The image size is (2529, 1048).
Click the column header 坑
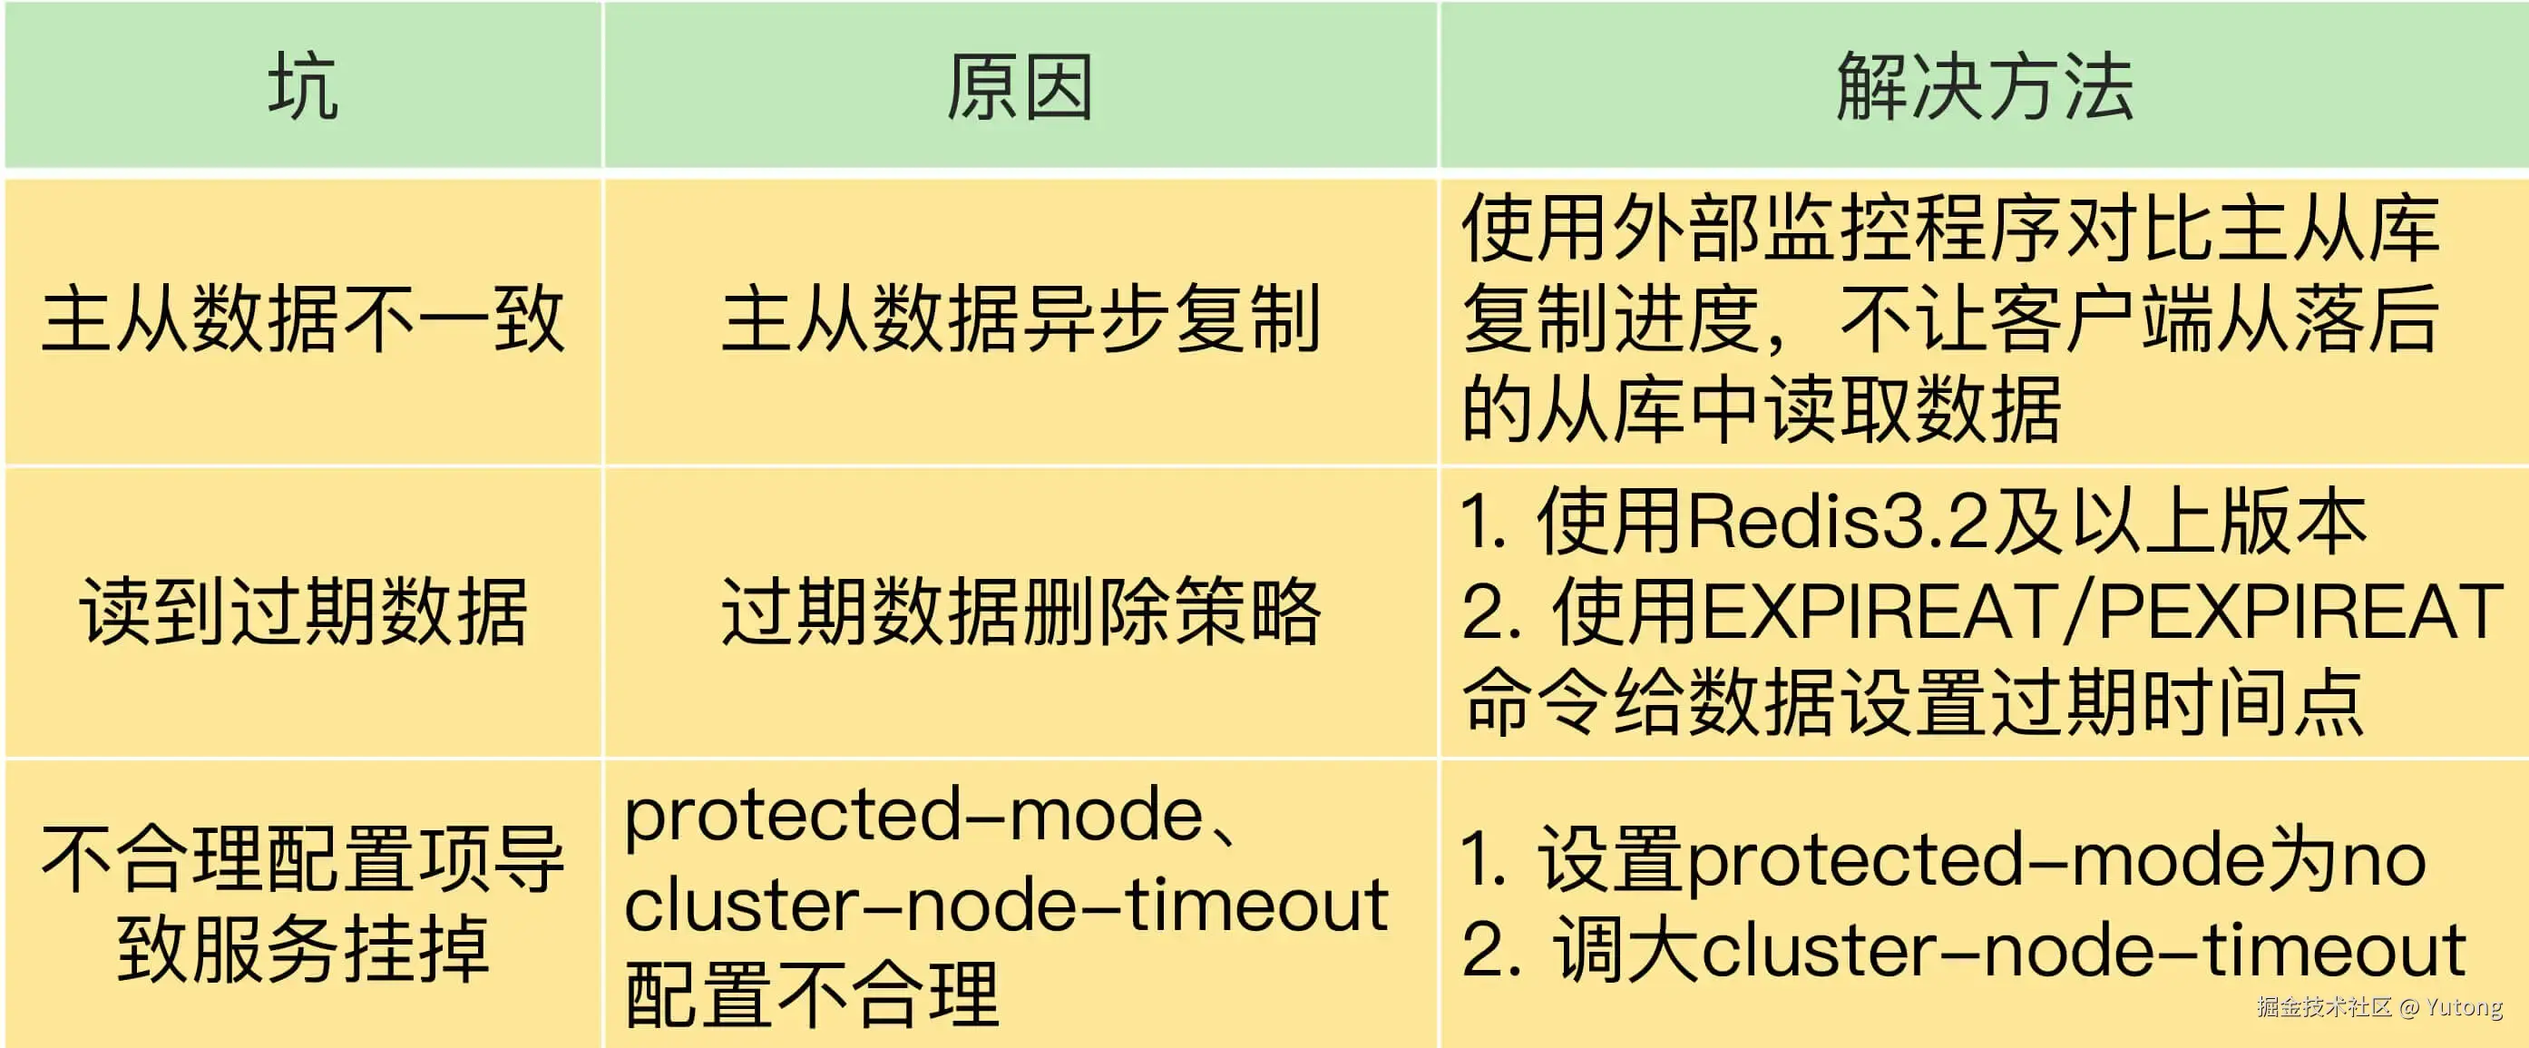point(302,86)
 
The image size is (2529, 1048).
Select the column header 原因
point(1020,86)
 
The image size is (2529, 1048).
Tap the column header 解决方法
point(1984,86)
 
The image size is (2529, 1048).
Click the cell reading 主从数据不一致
point(302,319)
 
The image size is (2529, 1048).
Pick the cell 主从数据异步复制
point(1020,319)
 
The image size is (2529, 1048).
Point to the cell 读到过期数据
point(302,611)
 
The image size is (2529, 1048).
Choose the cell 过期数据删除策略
point(1020,611)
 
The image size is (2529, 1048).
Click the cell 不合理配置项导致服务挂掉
point(302,903)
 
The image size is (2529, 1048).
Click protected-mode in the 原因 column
point(913,814)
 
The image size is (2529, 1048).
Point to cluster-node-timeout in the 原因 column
point(1006,905)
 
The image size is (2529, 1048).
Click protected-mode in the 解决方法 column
point(1856,859)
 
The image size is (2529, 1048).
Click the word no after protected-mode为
point(2386,859)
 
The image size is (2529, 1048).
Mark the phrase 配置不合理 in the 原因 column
point(812,994)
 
